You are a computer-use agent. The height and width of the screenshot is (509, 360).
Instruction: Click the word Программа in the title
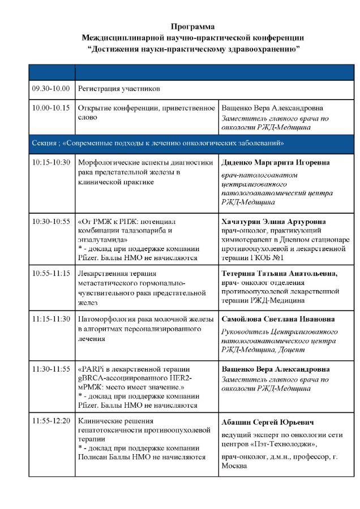pyautogui.click(x=193, y=27)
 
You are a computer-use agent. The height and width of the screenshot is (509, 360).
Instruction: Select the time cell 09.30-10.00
pyautogui.click(x=51, y=89)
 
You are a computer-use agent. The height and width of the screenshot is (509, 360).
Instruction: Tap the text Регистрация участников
pyautogui.click(x=119, y=89)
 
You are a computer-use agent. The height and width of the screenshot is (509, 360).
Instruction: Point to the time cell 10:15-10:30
pyautogui.click(x=51, y=162)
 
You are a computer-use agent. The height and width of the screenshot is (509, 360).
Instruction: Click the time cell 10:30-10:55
pyautogui.click(x=51, y=221)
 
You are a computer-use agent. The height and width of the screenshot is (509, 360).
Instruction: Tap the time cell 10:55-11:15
pyautogui.click(x=51, y=273)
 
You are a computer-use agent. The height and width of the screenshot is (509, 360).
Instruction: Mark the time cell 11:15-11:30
pyautogui.click(x=51, y=319)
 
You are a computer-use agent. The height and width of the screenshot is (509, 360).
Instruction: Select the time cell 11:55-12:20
pyautogui.click(x=51, y=421)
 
